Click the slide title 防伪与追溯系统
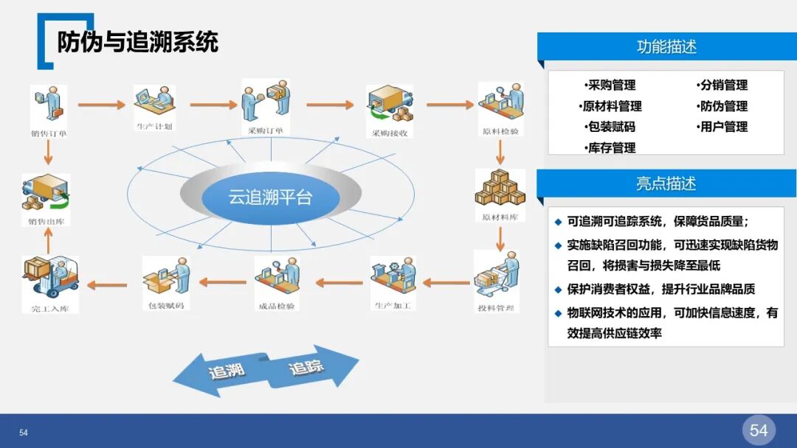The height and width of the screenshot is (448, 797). (x=138, y=42)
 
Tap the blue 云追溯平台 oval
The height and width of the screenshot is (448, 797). (x=270, y=197)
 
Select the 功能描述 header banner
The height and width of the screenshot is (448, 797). (x=666, y=47)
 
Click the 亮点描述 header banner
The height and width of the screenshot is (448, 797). (x=666, y=183)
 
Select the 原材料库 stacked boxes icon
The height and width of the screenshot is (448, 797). (x=500, y=189)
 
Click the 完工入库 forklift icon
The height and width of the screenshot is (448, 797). (x=50, y=278)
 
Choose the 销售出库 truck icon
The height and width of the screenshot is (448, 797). (x=45, y=193)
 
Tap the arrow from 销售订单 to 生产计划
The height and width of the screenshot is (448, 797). (x=101, y=105)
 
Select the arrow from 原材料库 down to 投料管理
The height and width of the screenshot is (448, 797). (x=500, y=237)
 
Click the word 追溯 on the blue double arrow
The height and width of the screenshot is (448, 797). (x=226, y=371)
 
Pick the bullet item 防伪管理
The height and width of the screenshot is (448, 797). (x=722, y=106)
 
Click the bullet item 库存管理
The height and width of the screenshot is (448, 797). (x=610, y=148)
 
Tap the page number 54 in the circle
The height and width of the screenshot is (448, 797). (x=758, y=430)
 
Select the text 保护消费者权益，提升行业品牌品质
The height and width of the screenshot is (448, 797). (x=660, y=290)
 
